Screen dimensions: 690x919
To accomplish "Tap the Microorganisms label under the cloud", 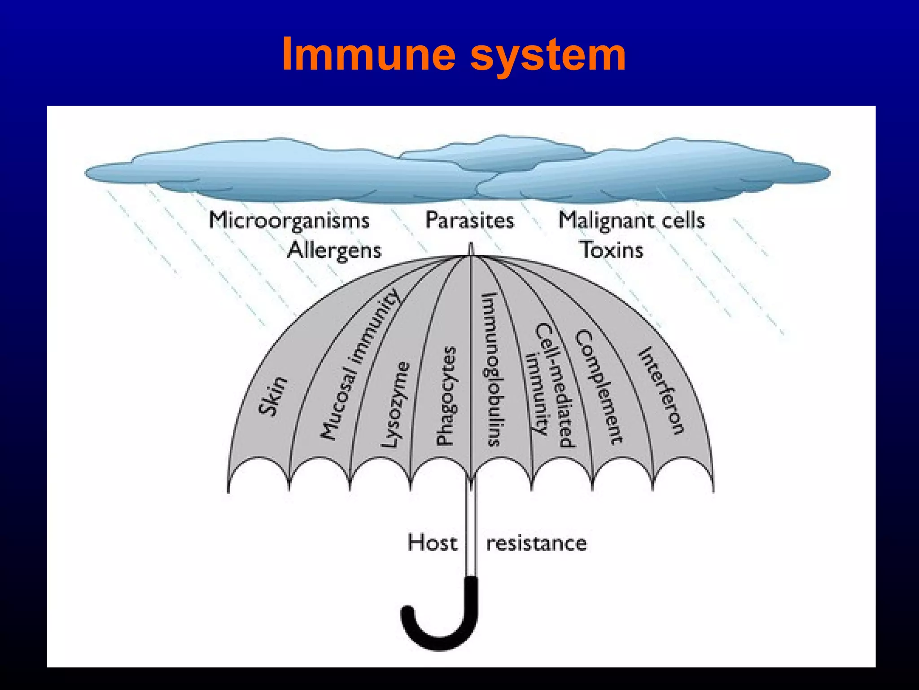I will click(x=289, y=221).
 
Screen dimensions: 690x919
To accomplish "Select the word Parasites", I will click(x=469, y=221).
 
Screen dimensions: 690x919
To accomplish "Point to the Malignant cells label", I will click(x=631, y=221).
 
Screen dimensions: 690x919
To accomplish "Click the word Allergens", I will click(x=334, y=250).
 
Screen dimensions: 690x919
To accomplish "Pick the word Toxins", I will click(x=612, y=250).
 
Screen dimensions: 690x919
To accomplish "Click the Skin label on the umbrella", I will click(x=272, y=396).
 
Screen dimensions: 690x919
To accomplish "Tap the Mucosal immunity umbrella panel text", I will click(x=359, y=364).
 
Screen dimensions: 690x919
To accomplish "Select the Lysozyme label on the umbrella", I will click(x=396, y=404).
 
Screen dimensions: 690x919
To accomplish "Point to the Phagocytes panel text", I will click(x=446, y=396).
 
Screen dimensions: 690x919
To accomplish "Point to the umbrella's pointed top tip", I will click(x=471, y=248).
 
